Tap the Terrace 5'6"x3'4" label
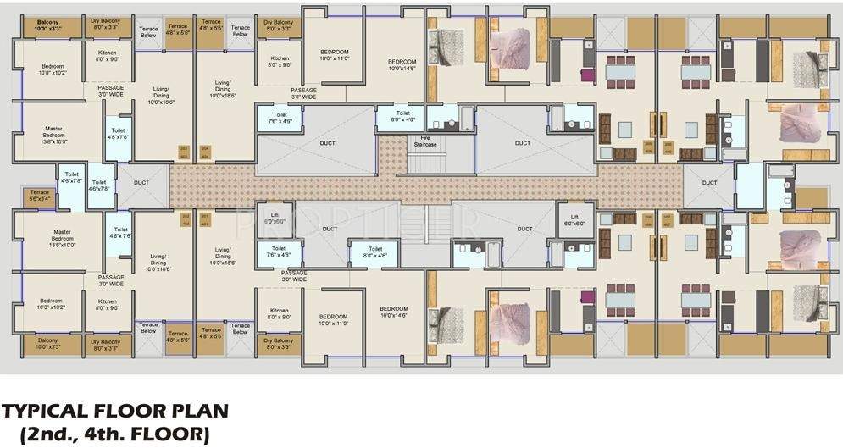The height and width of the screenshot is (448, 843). point(39,196)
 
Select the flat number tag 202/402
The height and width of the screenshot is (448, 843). point(184,221)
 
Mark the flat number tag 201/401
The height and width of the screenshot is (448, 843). point(204,221)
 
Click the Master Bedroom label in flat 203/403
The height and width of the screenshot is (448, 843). point(53,134)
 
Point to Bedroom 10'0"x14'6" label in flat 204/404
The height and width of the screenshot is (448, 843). point(402,65)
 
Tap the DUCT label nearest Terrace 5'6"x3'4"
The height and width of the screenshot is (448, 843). point(141,182)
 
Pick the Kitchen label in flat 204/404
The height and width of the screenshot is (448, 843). point(280,61)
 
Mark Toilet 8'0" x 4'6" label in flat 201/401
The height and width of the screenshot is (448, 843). point(374,252)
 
